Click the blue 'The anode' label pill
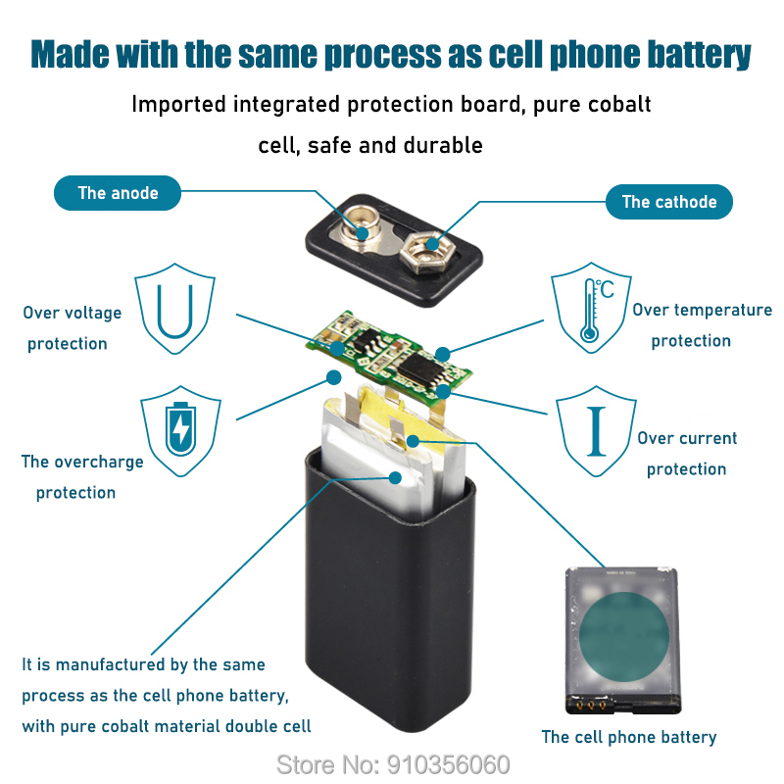[x=118, y=193]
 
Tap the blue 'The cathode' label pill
[x=669, y=202]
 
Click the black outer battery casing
[x=392, y=608]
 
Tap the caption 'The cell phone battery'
[x=629, y=737]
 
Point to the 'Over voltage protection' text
[x=71, y=328]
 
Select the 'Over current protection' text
[x=686, y=454]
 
